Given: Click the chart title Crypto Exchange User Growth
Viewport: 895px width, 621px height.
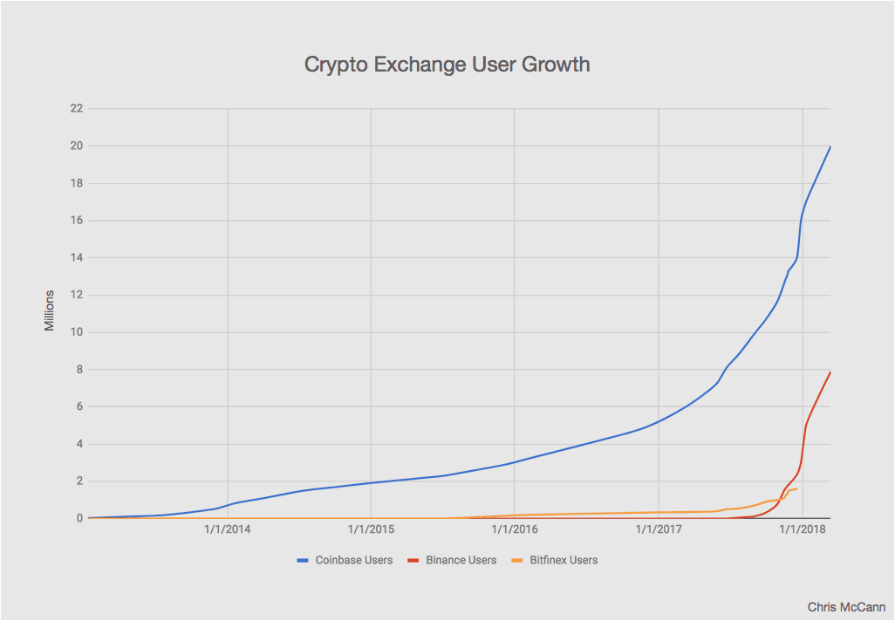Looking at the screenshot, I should (x=447, y=65).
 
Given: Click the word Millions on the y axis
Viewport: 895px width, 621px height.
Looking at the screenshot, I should (x=50, y=310).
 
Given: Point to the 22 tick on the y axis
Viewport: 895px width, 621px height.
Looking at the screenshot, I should (x=76, y=108).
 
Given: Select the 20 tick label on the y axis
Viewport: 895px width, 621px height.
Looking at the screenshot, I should (x=76, y=146).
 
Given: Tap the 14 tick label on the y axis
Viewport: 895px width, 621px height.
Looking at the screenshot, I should (x=76, y=257).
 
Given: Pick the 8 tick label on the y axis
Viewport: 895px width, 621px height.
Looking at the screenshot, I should (x=79, y=370).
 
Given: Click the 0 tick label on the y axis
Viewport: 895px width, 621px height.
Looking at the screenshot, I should (x=79, y=518).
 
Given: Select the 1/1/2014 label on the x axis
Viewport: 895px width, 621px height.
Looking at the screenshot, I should (x=227, y=529).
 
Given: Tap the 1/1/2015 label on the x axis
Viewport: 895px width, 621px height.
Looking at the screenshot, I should (x=371, y=529).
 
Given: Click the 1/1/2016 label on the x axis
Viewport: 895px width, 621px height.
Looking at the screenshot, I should (x=515, y=529).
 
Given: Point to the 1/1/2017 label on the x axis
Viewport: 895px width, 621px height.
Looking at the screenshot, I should (x=659, y=529).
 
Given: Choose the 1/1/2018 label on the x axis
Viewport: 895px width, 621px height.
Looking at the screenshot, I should (x=803, y=529).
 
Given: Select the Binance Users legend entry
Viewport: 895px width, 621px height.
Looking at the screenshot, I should (x=461, y=560).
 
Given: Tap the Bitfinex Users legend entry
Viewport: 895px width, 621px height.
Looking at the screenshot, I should (x=564, y=560).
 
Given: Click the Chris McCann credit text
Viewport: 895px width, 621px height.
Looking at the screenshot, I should (x=846, y=606).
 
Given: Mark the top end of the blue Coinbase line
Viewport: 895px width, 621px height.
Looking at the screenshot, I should (x=830, y=147).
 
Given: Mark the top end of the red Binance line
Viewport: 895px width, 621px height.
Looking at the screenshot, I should (x=830, y=372).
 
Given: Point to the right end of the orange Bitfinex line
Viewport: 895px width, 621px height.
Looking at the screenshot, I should (x=796, y=488).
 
